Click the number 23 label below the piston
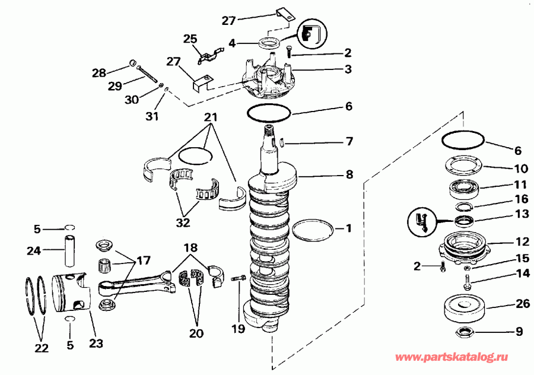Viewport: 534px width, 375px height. click(x=95, y=342)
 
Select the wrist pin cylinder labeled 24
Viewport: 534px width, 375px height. click(x=71, y=250)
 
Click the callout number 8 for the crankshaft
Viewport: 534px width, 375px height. click(x=349, y=175)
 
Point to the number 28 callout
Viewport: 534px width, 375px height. click(x=98, y=73)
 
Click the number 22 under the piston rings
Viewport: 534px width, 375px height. click(x=40, y=348)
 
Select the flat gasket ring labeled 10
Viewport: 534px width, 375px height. click(x=463, y=166)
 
